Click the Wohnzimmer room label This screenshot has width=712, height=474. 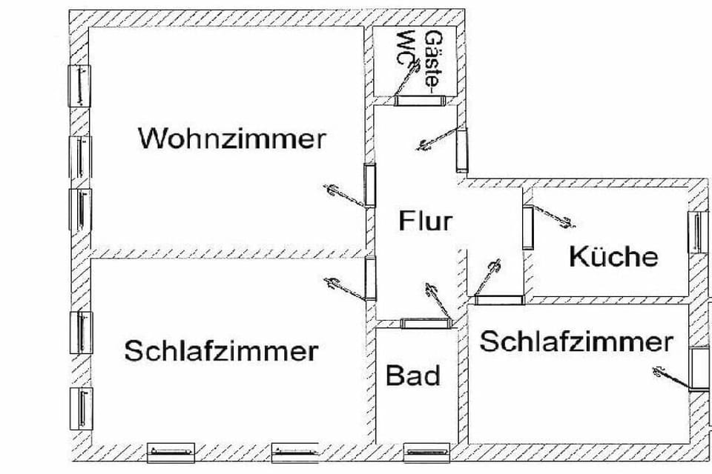pos(232,138)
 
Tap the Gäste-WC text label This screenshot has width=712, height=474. pos(420,59)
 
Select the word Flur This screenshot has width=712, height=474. pos(426,221)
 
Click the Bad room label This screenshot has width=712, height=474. pos(413,375)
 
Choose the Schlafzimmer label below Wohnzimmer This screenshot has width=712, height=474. pos(221,350)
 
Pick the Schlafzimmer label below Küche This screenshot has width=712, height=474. pos(576,341)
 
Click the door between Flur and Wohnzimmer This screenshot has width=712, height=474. pos(369,185)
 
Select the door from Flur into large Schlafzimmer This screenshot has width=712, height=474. pos(371,278)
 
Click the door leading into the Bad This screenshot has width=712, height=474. pos(426,323)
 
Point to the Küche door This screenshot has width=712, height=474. pos(527,227)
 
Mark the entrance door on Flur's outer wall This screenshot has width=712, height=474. pos(462,150)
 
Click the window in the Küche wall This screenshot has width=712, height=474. pos(699,233)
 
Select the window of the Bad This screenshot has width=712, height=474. pos(427,452)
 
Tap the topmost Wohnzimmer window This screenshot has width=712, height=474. pos(79,86)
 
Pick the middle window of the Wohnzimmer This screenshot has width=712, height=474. pos(80,157)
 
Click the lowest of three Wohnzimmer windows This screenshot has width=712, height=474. pos(80,210)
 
